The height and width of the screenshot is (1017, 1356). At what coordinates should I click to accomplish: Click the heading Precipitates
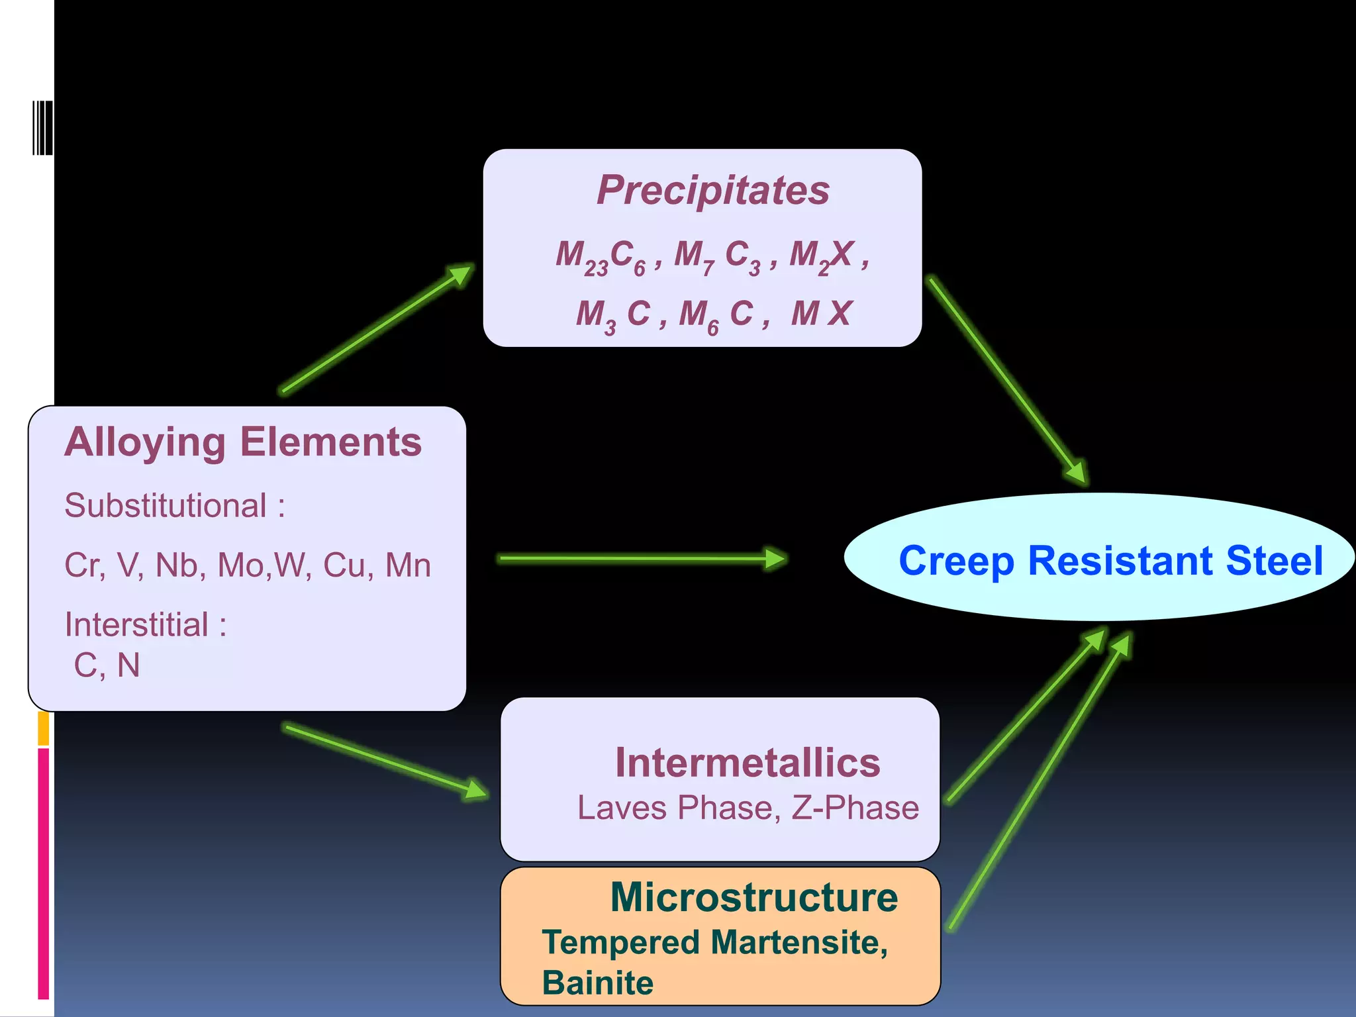coord(712,190)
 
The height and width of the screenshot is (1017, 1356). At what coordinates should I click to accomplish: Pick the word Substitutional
coord(165,506)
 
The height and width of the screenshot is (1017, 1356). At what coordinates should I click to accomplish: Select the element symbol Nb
coord(176,565)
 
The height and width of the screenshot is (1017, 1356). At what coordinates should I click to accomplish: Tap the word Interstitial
coord(136,624)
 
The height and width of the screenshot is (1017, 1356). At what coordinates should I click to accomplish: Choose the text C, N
coord(107,665)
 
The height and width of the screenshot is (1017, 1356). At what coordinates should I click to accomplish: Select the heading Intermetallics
coord(748,763)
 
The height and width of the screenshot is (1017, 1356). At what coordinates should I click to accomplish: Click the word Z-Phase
coord(855,808)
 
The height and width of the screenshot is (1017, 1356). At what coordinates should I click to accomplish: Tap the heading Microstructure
coord(753,898)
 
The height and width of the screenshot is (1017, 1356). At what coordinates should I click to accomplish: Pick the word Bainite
coord(597,983)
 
